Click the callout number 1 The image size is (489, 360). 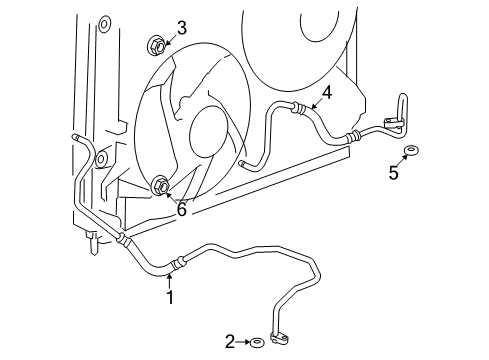point(170,297)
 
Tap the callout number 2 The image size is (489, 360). point(231,343)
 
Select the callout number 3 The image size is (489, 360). point(181,28)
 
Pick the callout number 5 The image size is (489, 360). point(394,173)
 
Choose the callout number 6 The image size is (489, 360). point(181,209)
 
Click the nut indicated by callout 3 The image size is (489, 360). point(156,44)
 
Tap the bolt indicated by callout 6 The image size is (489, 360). point(160,185)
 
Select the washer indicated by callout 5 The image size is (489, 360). point(410,151)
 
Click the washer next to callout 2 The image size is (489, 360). point(258,343)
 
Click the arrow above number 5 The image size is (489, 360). point(401,162)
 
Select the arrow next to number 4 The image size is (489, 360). point(314,103)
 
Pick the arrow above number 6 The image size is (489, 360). point(172,198)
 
